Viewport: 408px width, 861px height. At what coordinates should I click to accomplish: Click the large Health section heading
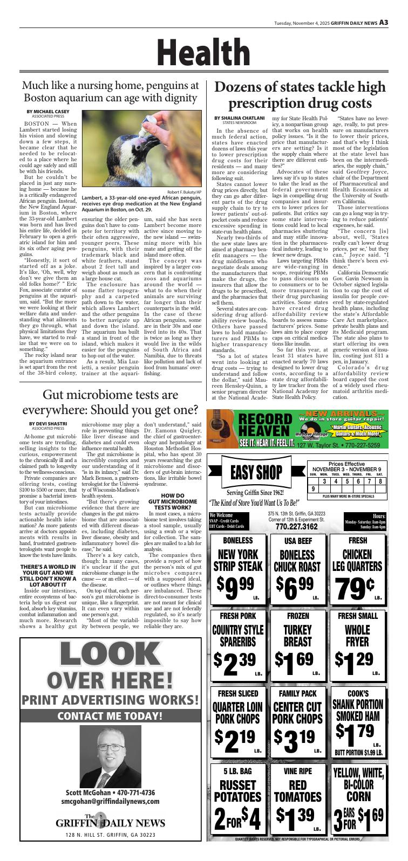[203, 53]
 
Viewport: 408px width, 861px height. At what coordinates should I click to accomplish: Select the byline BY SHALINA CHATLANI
[239, 118]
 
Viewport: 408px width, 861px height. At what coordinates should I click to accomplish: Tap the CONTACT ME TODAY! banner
[110, 716]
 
